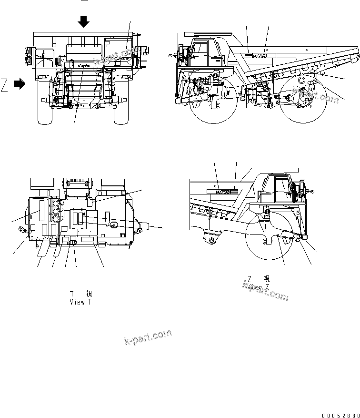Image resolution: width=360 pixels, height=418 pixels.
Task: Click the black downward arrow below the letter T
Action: [84, 21]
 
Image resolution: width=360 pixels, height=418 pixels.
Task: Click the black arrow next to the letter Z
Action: [20, 84]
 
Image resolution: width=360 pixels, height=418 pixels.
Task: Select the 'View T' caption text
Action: [80, 302]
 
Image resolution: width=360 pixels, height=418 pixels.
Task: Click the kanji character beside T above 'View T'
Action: [89, 294]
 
